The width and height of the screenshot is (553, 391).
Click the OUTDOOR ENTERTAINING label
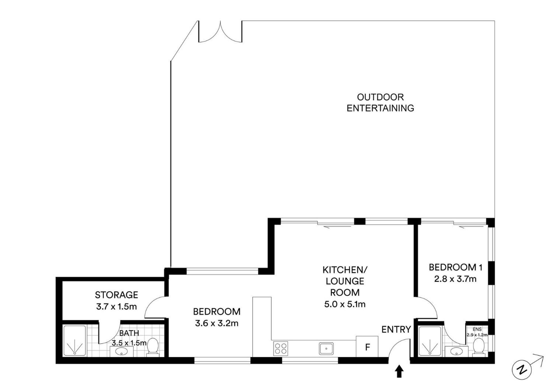tap(380, 103)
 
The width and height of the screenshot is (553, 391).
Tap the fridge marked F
tap(367, 346)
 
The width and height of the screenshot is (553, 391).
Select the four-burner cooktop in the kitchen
tap(281, 348)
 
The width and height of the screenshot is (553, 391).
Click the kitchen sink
tap(326, 348)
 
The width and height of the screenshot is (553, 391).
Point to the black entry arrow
tap(399, 371)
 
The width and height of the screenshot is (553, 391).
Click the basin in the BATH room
tap(122, 351)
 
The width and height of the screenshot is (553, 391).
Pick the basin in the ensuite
tap(457, 352)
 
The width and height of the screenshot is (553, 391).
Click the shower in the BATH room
tap(75, 341)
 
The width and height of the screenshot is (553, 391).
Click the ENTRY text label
tap(396, 329)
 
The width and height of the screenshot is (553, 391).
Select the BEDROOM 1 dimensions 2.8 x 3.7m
tap(455, 279)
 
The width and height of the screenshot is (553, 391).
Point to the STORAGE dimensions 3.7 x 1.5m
tap(116, 307)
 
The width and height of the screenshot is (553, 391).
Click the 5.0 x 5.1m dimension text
tap(345, 304)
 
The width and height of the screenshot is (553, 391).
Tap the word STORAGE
tap(117, 295)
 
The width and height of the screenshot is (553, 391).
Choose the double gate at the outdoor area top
tap(220, 32)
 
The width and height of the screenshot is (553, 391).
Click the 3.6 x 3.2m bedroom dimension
tap(217, 323)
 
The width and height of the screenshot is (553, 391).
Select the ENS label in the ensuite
tap(477, 329)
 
